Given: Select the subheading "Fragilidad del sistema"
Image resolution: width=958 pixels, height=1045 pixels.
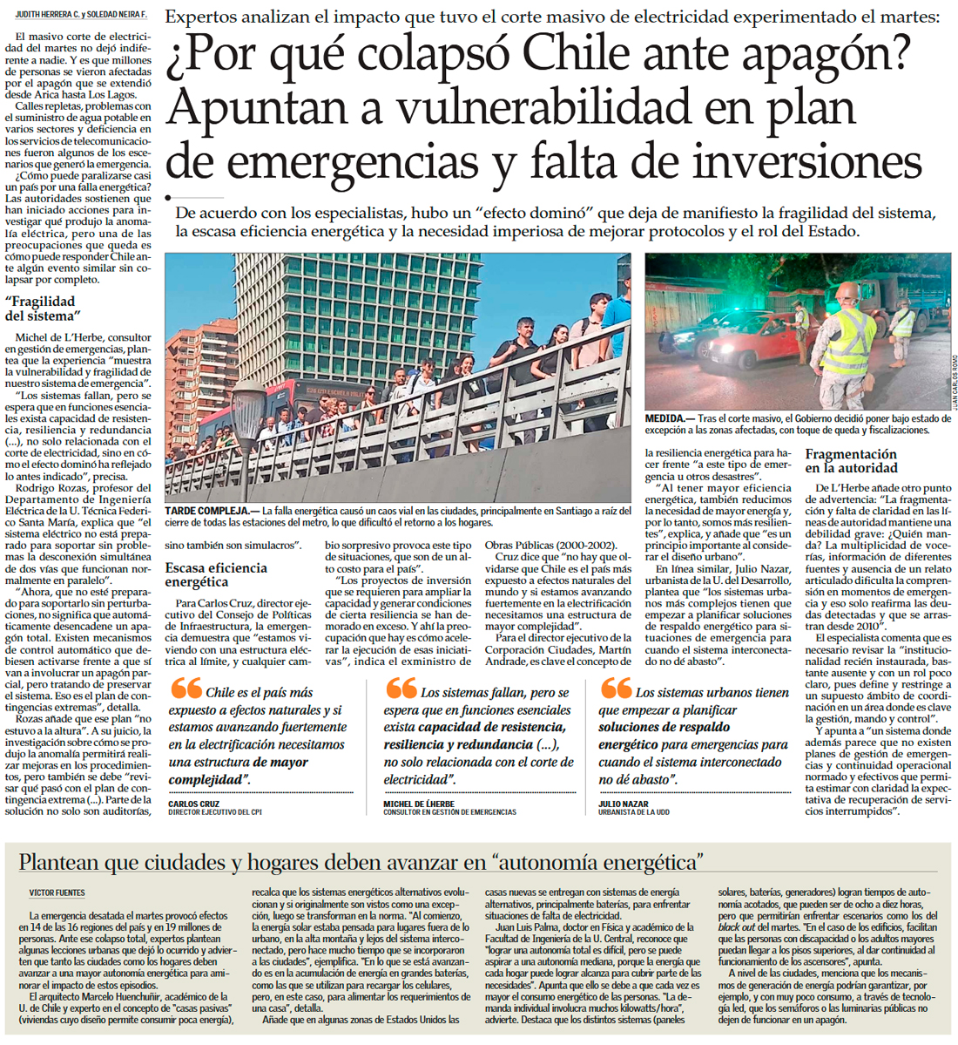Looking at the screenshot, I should tap(42, 309).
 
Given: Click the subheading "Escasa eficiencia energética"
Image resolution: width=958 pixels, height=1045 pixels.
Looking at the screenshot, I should tap(216, 574).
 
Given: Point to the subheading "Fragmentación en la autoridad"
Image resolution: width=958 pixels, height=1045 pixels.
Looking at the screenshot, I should tap(851, 461).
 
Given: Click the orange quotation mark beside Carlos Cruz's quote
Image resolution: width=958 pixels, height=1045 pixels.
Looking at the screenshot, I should tap(186, 689).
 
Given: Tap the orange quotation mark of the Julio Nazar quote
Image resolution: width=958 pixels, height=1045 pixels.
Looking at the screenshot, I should tap(616, 689).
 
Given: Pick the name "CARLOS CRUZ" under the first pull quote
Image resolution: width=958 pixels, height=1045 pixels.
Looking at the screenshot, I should tap(193, 804).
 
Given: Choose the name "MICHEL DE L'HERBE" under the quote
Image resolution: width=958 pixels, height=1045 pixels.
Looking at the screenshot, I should tap(419, 804).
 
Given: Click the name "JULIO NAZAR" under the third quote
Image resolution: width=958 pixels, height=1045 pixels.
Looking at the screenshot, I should tap(623, 804).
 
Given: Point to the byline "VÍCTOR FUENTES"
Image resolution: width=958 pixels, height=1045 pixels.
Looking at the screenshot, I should tap(57, 893).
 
